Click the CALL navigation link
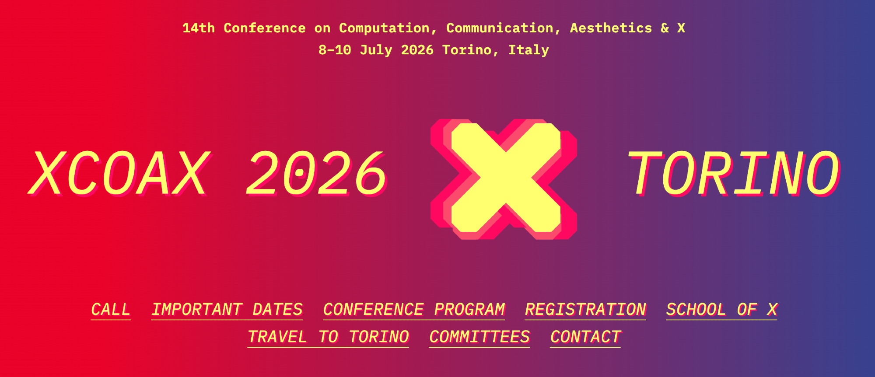(x=111, y=310)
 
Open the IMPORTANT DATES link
(x=227, y=310)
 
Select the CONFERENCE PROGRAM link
(x=414, y=310)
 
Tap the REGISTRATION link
(x=585, y=310)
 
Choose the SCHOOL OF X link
(x=721, y=310)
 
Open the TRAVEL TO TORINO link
(x=328, y=337)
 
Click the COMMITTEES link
(x=479, y=337)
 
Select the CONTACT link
(x=585, y=337)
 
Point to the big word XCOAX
(x=119, y=174)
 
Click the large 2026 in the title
(x=317, y=174)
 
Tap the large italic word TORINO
(x=734, y=174)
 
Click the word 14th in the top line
(x=199, y=28)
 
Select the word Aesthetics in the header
(x=611, y=28)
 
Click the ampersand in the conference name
(x=665, y=28)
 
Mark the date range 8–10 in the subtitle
(x=335, y=50)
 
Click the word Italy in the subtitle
(x=528, y=50)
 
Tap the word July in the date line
(x=376, y=50)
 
